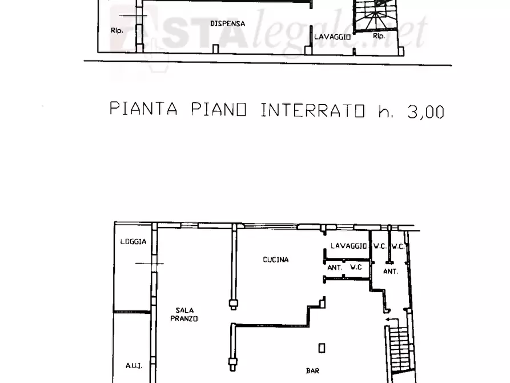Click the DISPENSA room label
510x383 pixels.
[x=227, y=23]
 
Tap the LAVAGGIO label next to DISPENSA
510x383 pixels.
[x=331, y=36]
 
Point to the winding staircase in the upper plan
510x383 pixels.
[x=375, y=17]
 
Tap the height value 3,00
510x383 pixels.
[x=425, y=111]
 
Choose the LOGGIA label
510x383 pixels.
[x=133, y=241]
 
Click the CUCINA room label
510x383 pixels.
[x=275, y=260]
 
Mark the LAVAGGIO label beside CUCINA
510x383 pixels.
[x=348, y=246]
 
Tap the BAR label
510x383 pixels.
[x=313, y=371]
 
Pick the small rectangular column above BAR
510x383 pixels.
[x=323, y=347]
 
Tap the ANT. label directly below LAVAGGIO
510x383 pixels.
[x=335, y=267]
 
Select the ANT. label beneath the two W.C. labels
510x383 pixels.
[x=391, y=272]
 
